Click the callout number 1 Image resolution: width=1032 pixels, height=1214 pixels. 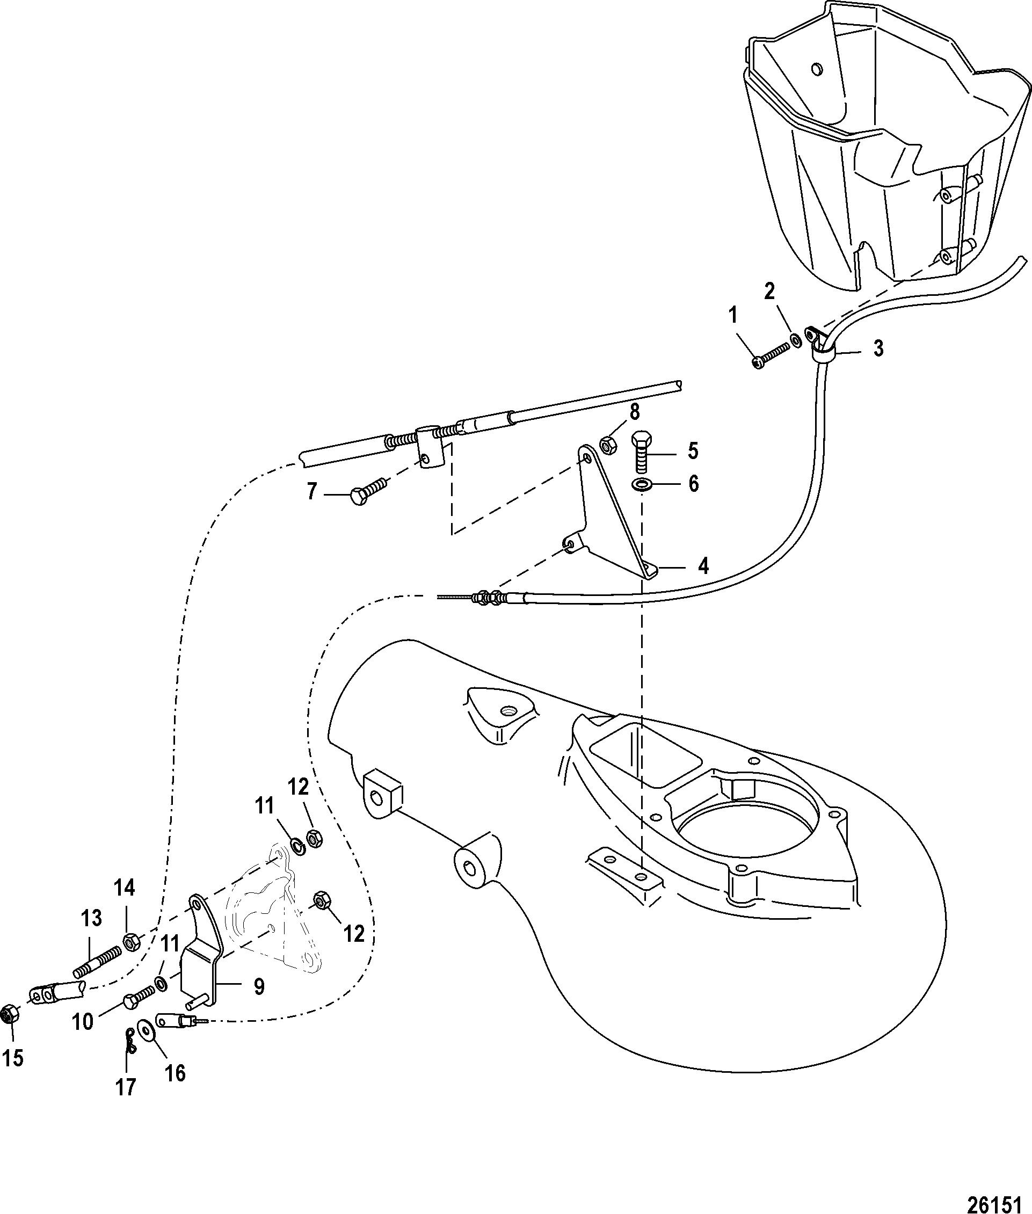pyautogui.click(x=733, y=316)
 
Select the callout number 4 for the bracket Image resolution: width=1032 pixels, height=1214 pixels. pyautogui.click(x=703, y=566)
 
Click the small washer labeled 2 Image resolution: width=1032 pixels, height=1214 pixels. pyautogui.click(x=795, y=339)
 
